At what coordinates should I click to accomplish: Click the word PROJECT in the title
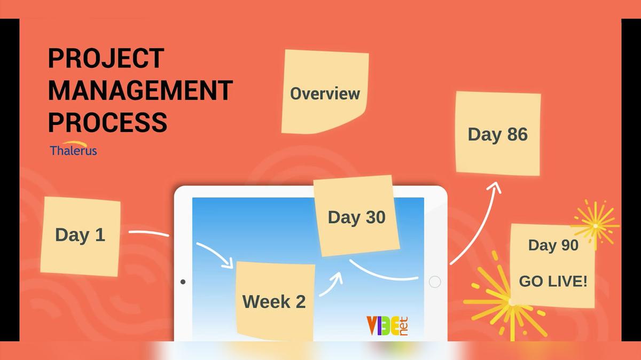(106, 58)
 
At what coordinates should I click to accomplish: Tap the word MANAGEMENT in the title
(140, 90)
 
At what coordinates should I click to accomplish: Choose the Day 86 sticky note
(497, 134)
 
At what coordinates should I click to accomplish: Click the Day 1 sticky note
(80, 236)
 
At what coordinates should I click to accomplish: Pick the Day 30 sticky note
(356, 217)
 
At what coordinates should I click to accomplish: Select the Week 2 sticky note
(274, 301)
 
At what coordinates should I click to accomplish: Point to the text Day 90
(553, 245)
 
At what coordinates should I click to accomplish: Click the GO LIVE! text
(553, 281)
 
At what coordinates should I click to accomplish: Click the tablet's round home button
(435, 282)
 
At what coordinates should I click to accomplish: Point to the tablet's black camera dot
(183, 281)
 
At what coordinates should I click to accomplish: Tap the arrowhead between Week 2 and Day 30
(337, 278)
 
